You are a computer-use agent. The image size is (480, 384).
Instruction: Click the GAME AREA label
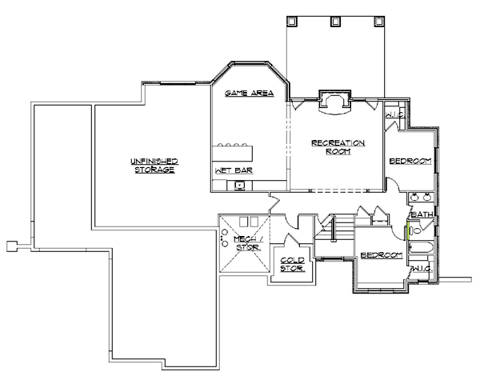coord(249,94)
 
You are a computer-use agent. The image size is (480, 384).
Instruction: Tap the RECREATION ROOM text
coord(338,147)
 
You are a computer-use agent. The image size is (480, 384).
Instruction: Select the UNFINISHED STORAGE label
coord(154,166)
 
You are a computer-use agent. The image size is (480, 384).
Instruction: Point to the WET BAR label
coord(228,171)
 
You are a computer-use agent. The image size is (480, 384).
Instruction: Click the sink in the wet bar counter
coord(239,186)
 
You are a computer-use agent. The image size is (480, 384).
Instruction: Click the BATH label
coord(422,214)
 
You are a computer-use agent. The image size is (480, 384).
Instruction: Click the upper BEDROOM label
coord(410,162)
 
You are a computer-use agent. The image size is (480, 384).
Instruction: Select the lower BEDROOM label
coord(381,255)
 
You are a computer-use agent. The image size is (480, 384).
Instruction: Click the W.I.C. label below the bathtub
coord(422,270)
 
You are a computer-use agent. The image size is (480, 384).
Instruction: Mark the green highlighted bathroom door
coord(409,232)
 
